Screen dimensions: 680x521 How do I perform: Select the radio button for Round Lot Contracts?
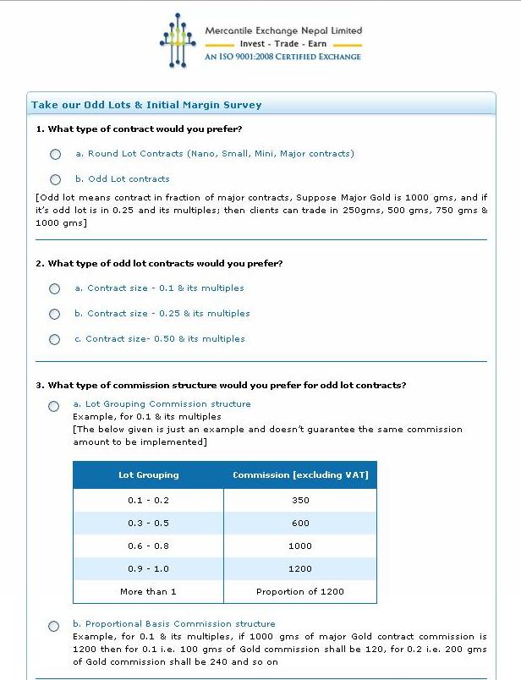pyautogui.click(x=56, y=154)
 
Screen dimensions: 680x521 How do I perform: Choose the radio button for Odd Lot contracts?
pyautogui.click(x=56, y=179)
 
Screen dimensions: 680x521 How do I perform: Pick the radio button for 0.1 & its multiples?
pyautogui.click(x=55, y=288)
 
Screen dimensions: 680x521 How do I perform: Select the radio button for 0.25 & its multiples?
pyautogui.click(x=55, y=314)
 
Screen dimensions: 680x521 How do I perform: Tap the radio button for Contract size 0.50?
pyautogui.click(x=55, y=339)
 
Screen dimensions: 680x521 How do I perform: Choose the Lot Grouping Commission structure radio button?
pyautogui.click(x=54, y=406)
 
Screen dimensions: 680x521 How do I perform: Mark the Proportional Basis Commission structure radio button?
pyautogui.click(x=54, y=626)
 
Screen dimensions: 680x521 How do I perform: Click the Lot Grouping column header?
pyautogui.click(x=148, y=475)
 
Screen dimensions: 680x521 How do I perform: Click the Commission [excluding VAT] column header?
pyautogui.click(x=300, y=475)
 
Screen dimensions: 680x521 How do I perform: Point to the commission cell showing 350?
pyautogui.click(x=300, y=500)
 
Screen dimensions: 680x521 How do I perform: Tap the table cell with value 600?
pyautogui.click(x=300, y=523)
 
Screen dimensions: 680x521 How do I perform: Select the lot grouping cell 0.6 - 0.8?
pyautogui.click(x=148, y=546)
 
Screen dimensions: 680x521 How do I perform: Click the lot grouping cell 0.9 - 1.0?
pyautogui.click(x=148, y=568)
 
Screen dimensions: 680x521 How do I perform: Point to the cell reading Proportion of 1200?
pyautogui.click(x=300, y=591)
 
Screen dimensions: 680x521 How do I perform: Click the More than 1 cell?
pyautogui.click(x=148, y=591)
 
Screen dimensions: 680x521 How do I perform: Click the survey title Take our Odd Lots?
pyautogui.click(x=146, y=105)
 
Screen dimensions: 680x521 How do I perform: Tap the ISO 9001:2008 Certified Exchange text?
pyautogui.click(x=282, y=57)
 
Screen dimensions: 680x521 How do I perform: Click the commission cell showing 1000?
pyautogui.click(x=300, y=546)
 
